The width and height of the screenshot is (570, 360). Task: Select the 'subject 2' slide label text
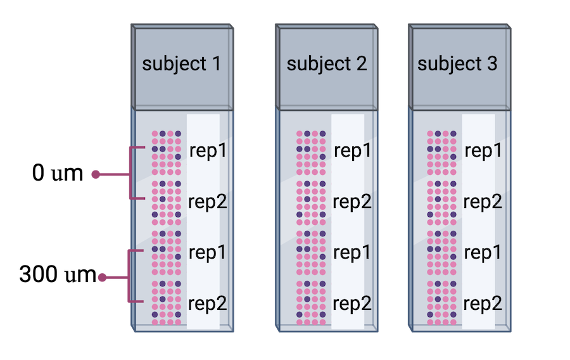coord(326,64)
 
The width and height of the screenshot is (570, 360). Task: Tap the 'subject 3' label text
coord(457,64)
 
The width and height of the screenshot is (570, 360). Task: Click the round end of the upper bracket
coord(95,174)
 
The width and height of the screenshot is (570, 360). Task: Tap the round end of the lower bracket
coord(101,277)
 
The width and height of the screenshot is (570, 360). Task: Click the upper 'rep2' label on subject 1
coord(208,202)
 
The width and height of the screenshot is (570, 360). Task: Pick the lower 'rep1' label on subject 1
coord(208,252)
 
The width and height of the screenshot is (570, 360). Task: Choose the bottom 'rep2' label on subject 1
coord(208,303)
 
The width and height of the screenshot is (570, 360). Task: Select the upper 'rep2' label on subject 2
coord(352,202)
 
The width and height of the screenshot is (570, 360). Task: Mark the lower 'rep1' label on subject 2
coord(352,252)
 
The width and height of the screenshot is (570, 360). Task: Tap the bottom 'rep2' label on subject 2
coord(352,303)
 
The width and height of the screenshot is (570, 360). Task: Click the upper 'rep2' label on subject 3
coord(483,202)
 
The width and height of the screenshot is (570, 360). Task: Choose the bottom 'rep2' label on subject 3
coord(483,303)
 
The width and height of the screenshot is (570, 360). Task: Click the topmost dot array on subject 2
coord(310,153)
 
